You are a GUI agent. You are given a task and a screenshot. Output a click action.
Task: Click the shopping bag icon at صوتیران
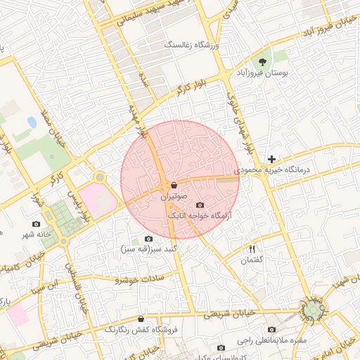pos(174,186)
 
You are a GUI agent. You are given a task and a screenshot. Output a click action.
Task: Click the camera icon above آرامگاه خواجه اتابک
pos(198,205)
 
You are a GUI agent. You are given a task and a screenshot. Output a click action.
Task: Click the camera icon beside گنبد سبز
pos(148,238)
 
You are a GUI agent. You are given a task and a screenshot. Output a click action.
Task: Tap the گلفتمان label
pos(251,260)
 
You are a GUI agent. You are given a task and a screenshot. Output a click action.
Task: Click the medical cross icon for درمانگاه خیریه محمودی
pos(271,159)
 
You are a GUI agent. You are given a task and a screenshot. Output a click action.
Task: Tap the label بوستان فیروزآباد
pos(261,72)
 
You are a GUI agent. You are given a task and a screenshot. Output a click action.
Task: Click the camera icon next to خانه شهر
pos(37,224)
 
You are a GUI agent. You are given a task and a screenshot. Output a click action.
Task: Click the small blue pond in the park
pos(32,122)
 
